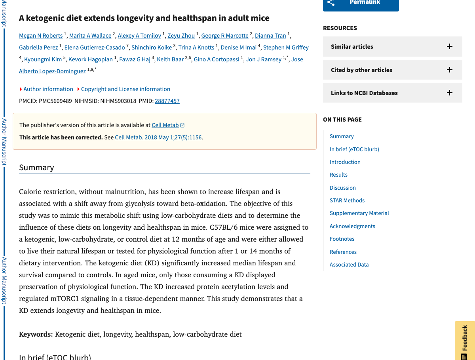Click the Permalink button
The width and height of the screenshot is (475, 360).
pyautogui.click(x=361, y=3)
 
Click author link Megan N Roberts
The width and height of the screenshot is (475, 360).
pyautogui.click(x=41, y=36)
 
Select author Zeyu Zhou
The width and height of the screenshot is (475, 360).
pyautogui.click(x=181, y=36)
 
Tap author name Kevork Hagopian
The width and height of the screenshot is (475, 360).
pyautogui.click(x=90, y=59)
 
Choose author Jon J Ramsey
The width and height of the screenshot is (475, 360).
pyautogui.click(x=263, y=59)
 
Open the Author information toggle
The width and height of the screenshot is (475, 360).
pyautogui.click(x=48, y=89)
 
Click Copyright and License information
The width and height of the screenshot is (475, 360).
pyautogui.click(x=125, y=89)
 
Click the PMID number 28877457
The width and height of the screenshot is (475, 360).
pyautogui.click(x=167, y=101)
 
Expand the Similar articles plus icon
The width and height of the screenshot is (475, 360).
pyautogui.click(x=449, y=46)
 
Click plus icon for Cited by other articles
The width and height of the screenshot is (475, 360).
pyautogui.click(x=449, y=70)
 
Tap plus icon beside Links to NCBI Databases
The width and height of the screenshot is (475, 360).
pyautogui.click(x=449, y=93)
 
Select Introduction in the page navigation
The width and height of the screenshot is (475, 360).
pyautogui.click(x=345, y=162)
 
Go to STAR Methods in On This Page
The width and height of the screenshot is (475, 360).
pyautogui.click(x=347, y=200)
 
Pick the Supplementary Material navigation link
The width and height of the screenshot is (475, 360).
pyautogui.click(x=359, y=213)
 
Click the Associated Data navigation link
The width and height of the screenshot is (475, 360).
pyautogui.click(x=349, y=265)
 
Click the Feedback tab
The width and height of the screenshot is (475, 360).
pyautogui.click(x=465, y=339)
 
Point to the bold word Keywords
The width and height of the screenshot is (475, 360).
pyautogui.click(x=36, y=334)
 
